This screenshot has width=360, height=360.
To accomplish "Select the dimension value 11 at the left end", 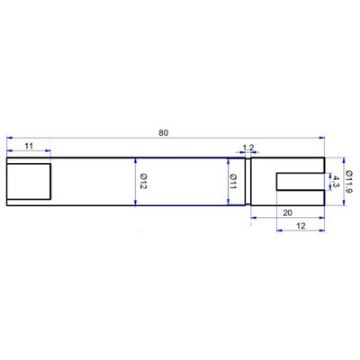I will (x=29, y=147).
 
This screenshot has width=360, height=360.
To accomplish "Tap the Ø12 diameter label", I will (x=143, y=183).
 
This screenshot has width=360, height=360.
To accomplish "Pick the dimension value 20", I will (x=288, y=212).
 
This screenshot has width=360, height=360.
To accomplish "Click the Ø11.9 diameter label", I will (x=348, y=183).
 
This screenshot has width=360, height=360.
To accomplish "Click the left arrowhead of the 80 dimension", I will (x=8, y=138).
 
